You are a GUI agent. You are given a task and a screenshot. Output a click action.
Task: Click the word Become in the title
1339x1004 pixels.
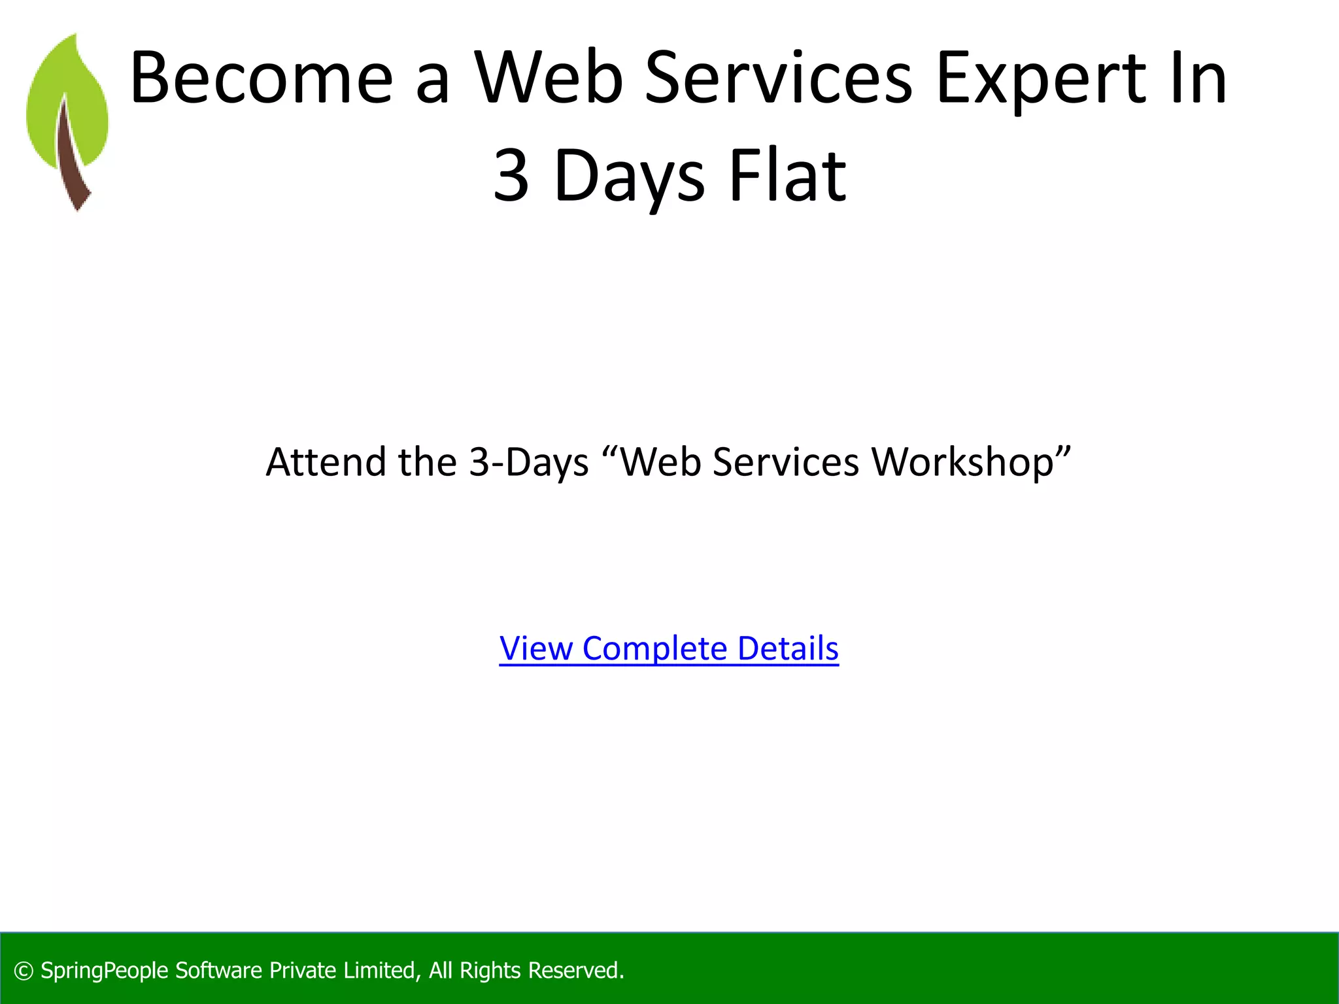pos(262,78)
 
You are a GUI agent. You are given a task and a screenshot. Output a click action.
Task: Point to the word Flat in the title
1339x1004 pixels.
pos(787,175)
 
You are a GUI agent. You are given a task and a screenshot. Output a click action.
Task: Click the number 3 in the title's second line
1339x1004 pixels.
pos(511,175)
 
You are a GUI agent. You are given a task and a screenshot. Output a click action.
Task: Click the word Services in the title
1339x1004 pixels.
pos(778,78)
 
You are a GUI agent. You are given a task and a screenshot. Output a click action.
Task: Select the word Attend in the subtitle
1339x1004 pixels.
pos(326,462)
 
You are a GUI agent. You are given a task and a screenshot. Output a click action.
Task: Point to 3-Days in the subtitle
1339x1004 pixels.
pos(529,463)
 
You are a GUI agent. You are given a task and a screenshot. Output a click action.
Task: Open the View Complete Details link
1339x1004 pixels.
pos(668,648)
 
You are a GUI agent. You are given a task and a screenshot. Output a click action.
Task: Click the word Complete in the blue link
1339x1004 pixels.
pos(654,649)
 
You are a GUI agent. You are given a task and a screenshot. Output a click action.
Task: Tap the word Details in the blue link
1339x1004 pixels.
pos(787,648)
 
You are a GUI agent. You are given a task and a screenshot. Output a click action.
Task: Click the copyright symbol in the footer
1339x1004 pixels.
pos(24,971)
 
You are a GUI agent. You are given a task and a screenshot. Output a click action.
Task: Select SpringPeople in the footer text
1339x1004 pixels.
pos(105,971)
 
